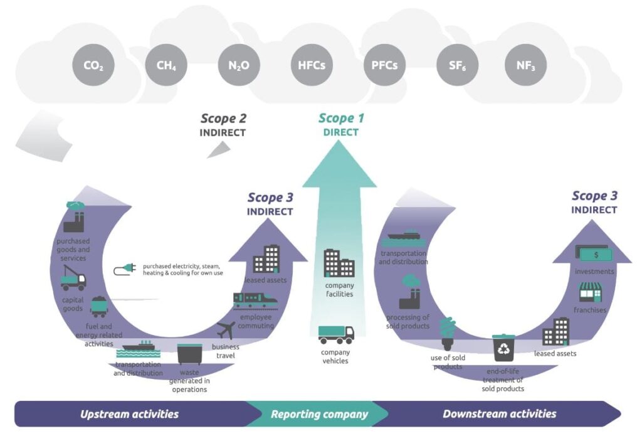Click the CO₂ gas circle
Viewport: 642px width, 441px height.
[93, 65]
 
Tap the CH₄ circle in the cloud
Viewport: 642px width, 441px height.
[166, 65]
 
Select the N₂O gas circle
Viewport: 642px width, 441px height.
[239, 65]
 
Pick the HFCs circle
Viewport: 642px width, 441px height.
[312, 65]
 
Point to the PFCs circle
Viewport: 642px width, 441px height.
[384, 65]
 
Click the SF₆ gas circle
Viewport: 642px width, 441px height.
[457, 65]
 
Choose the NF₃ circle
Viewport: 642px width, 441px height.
[525, 65]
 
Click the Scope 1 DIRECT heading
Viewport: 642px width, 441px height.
[341, 124]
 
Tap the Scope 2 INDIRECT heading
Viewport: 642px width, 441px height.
[223, 124]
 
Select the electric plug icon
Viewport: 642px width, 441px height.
[125, 268]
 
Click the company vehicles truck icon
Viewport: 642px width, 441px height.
[336, 335]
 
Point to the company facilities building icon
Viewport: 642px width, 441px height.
[339, 263]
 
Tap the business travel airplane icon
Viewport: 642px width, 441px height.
[226, 330]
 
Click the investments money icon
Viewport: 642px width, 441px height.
[592, 253]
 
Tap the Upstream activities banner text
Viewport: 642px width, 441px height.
[129, 414]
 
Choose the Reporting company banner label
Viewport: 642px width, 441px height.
[319, 414]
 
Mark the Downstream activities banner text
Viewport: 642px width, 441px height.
[499, 414]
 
